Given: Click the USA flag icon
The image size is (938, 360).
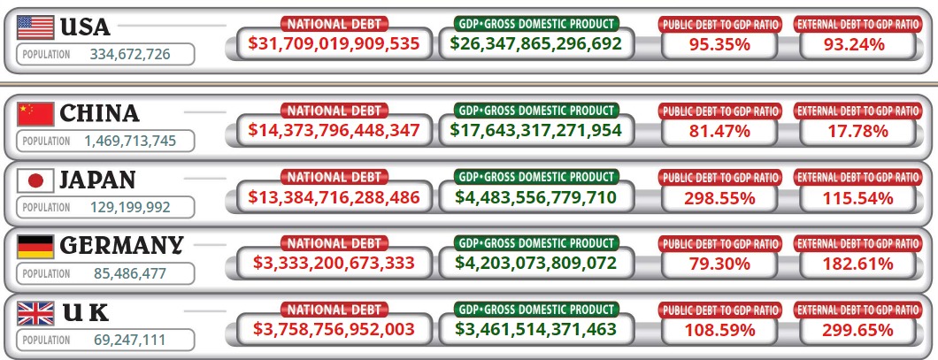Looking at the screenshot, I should click(35, 27).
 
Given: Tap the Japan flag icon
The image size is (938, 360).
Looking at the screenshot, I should click(35, 180).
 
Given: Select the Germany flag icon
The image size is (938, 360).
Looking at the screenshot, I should click(35, 246).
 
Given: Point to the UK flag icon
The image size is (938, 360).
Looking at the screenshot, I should click(35, 312).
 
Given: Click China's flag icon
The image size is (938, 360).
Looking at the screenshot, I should click(35, 113).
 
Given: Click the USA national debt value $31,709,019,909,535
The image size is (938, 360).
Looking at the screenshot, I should click(334, 42).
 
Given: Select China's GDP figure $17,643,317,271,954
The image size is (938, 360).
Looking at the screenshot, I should click(535, 130).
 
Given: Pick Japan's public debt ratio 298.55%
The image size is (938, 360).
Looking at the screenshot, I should click(719, 196).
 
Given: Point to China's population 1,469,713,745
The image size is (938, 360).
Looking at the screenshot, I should click(130, 141).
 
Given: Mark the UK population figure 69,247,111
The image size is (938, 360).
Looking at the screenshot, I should click(130, 340).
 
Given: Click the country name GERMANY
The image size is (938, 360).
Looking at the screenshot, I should click(121, 245).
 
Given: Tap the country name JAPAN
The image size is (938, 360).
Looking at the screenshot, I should click(96, 180).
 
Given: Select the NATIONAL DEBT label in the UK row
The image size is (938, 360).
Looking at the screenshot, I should click(334, 310).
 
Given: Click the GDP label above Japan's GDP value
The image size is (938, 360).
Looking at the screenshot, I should click(535, 177).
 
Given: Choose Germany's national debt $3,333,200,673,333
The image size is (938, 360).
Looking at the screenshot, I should click(334, 263).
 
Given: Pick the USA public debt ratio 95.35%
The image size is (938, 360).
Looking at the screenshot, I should click(719, 42).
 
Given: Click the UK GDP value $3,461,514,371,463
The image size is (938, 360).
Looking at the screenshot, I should click(535, 330).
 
